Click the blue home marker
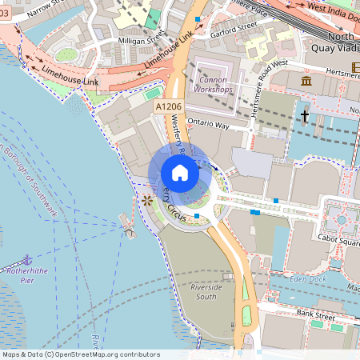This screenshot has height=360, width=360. click(x=180, y=172)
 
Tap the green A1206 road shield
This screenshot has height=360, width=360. click(x=169, y=106)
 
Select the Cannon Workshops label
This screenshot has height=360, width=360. click(x=210, y=84)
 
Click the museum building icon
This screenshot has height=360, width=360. click(x=306, y=82)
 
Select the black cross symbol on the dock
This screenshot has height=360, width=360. click(x=305, y=117)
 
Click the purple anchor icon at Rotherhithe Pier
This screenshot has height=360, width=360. click(x=27, y=259)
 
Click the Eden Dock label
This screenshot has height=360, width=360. click(x=307, y=278)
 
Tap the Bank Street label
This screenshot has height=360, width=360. click(x=314, y=314)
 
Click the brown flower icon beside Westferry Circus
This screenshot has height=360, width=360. click(x=146, y=200)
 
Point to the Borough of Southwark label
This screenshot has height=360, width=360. click(x=29, y=181)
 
